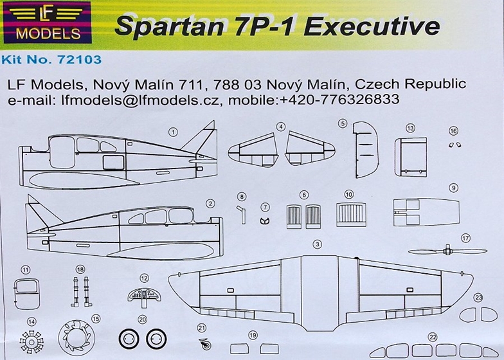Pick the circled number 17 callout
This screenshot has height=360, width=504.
coord(465,237)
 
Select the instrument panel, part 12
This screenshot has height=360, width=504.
coord(145,295)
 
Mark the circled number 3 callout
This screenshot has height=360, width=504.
coord(316,244)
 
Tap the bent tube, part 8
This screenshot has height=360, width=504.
coord(243,213)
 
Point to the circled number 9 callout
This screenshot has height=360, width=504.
coord(453,188)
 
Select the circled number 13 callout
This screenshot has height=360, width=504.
coord(410,129)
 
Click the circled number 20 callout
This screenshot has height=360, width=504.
coord(143,319)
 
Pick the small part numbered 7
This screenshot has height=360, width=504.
coord(264,219)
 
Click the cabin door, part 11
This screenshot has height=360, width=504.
coord(25,291)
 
